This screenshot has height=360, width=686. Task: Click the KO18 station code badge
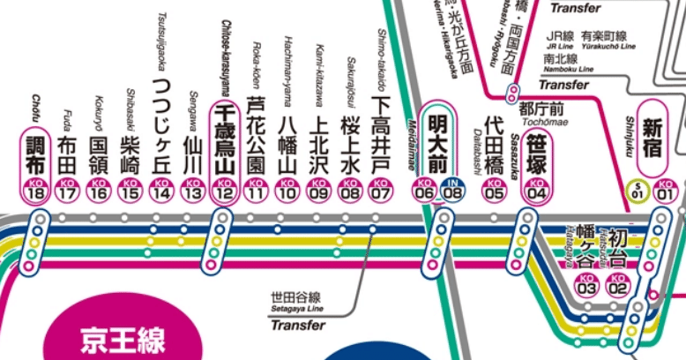[36, 192]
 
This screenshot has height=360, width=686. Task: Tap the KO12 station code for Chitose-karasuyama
[224, 192]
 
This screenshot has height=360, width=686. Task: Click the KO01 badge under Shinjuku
[665, 192]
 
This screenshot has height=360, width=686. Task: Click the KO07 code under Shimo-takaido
[380, 192]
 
